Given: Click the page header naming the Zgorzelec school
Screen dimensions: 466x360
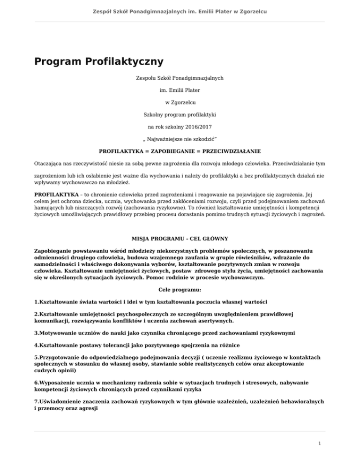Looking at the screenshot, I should (180, 11).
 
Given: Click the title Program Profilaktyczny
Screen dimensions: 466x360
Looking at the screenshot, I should (98, 61).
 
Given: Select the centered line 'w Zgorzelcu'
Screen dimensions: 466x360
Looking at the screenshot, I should (180, 102).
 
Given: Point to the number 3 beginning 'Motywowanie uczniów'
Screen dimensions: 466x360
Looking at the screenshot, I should (36, 333).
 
